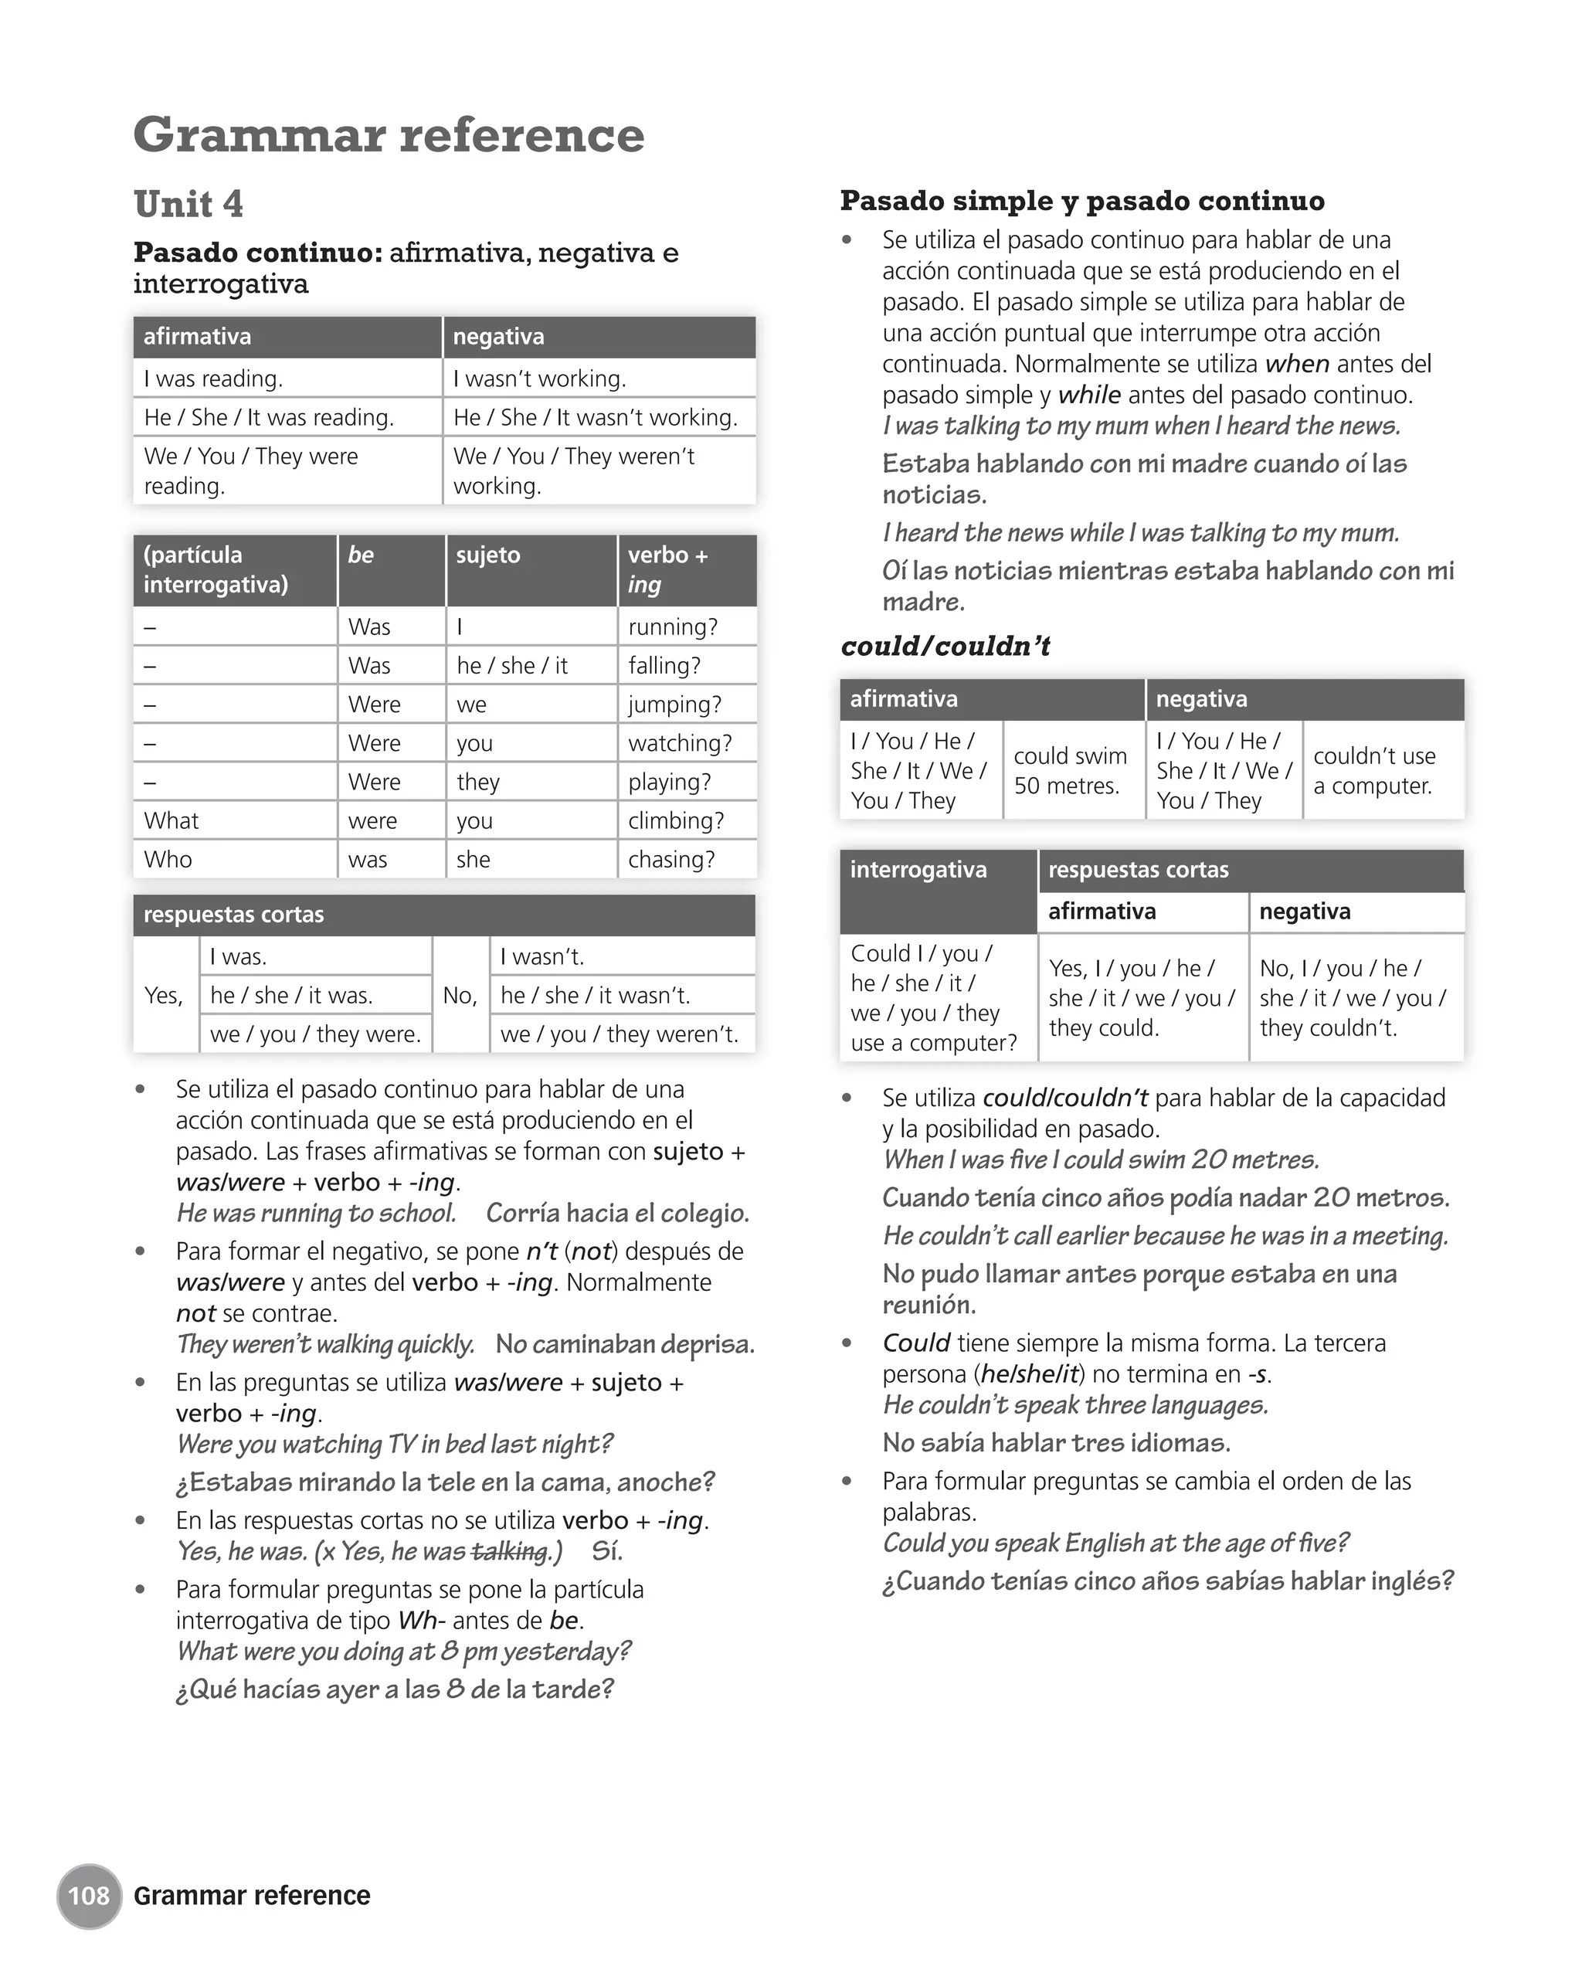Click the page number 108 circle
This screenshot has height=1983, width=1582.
[x=88, y=1895]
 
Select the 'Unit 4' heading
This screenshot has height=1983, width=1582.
[x=188, y=203]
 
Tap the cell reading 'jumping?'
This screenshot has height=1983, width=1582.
[x=674, y=705]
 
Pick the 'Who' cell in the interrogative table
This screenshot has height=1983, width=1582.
[x=168, y=859]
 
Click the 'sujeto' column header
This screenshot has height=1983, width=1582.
[x=488, y=555]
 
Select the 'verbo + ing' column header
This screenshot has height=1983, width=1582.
[x=667, y=569]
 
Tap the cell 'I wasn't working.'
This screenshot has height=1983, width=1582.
[x=540, y=378]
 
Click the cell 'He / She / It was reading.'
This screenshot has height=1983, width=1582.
[x=269, y=418]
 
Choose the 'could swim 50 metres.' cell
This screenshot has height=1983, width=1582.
[x=1071, y=771]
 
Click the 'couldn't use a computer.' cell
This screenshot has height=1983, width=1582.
[x=1374, y=771]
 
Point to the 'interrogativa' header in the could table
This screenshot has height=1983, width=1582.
[x=918, y=870]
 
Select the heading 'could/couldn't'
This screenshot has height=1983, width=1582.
[x=945, y=646]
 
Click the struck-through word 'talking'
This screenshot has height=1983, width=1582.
[x=508, y=1552]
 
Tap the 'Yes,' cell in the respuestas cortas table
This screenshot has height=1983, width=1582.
[x=164, y=995]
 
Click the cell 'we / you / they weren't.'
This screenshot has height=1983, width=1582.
[x=619, y=1034]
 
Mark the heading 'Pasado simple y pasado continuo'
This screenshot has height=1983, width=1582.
[x=1082, y=201]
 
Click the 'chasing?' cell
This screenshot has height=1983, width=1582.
[x=671, y=859]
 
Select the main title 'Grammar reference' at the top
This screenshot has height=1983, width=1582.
[x=389, y=134]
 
